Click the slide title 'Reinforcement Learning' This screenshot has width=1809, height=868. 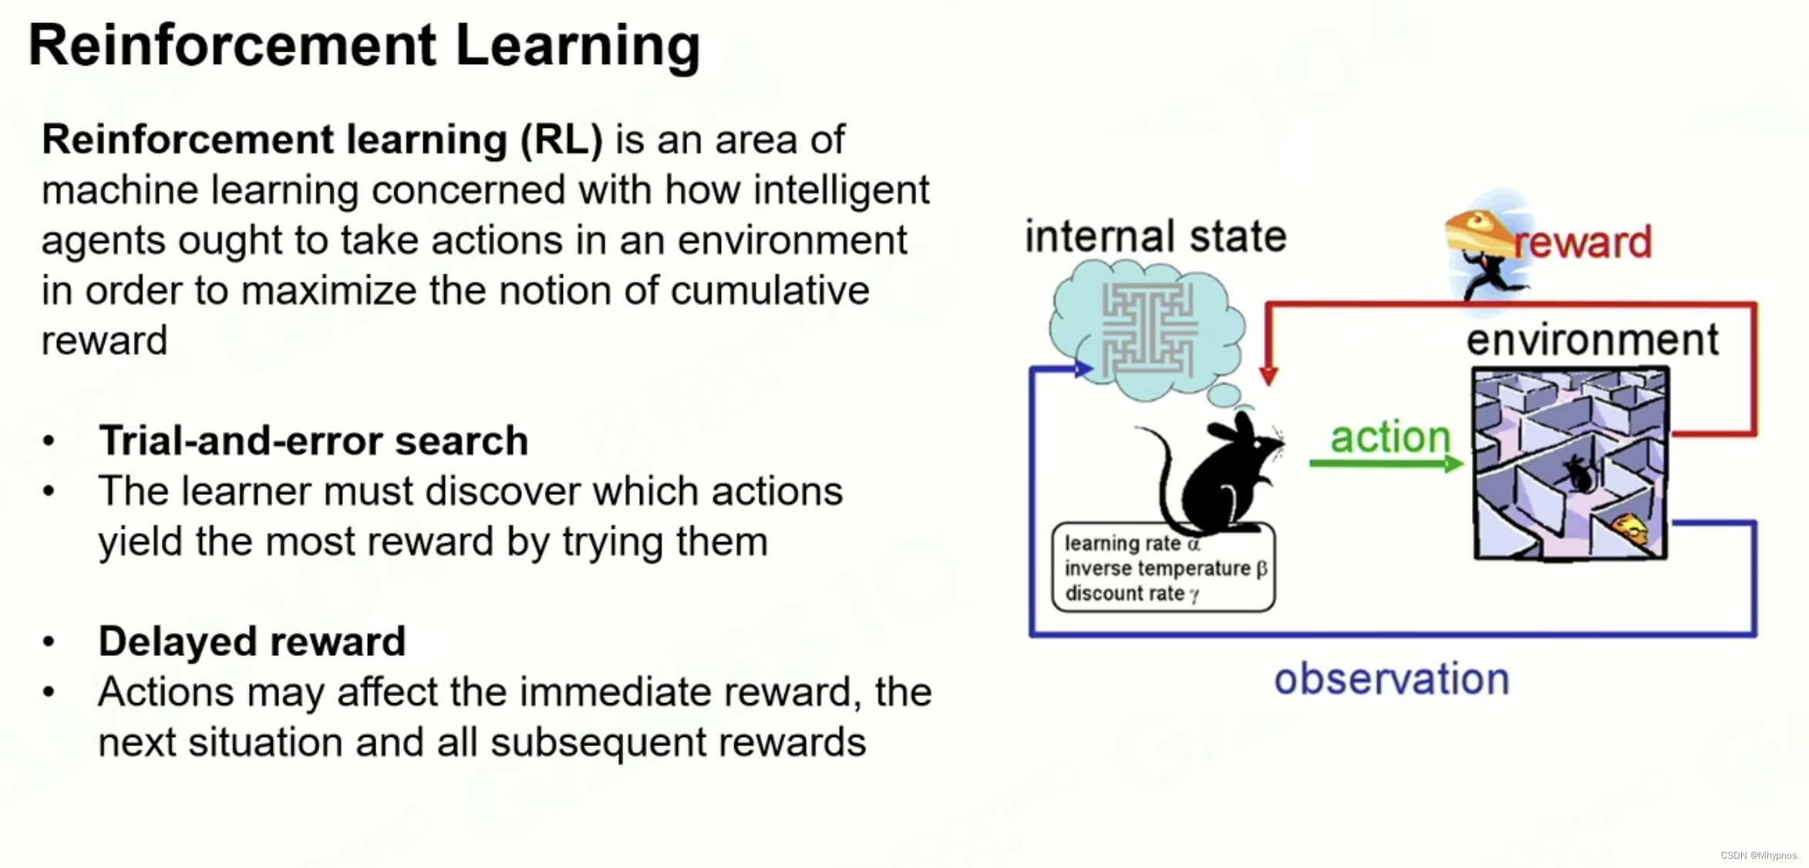point(364,45)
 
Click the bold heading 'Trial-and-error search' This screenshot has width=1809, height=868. point(313,441)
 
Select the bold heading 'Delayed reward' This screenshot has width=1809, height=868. point(251,641)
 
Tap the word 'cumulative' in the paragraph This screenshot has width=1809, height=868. point(770,291)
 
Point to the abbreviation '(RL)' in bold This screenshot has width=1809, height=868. point(561,140)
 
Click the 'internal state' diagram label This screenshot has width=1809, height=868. point(1155,236)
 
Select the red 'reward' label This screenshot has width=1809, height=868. point(1582,242)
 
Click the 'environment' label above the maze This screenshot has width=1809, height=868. point(1592,340)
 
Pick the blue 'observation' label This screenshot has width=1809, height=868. point(1391,679)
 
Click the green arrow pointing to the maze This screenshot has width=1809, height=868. point(1385,463)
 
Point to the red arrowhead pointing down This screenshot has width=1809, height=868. point(1268,376)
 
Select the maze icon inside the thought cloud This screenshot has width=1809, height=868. point(1149,330)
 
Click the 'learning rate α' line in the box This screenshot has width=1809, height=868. point(1132,543)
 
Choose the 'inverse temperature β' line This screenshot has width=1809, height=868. point(1165,569)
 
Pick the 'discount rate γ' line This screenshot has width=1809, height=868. point(1131,594)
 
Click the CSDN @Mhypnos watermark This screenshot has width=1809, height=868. point(1758,856)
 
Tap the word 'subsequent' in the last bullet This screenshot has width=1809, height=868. point(598,743)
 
